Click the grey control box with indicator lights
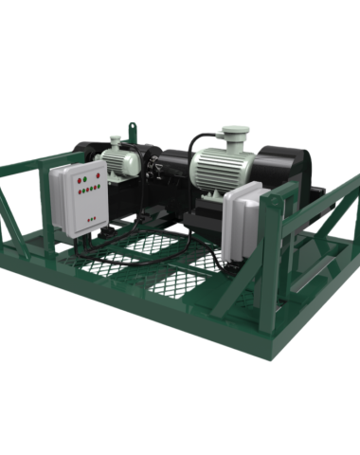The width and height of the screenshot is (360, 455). click(x=80, y=196)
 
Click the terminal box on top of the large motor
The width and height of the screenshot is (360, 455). click(x=231, y=135)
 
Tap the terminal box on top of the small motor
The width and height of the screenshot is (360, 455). click(x=117, y=143)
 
